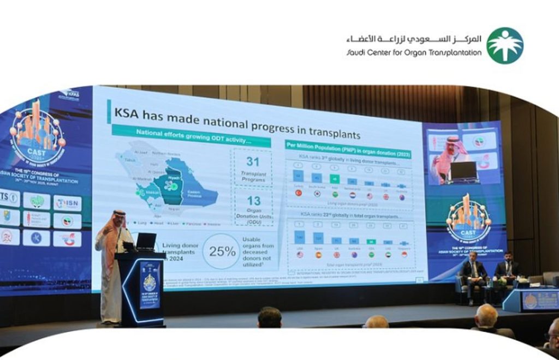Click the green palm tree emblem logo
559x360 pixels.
[x=504, y=46]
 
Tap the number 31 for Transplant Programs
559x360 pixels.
[x=253, y=161]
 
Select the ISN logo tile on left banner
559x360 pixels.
[x=68, y=203]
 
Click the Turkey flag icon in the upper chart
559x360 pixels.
[x=299, y=193]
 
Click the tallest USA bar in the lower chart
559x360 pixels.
[x=299, y=238]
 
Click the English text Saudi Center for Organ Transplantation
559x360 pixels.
[x=414, y=53]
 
